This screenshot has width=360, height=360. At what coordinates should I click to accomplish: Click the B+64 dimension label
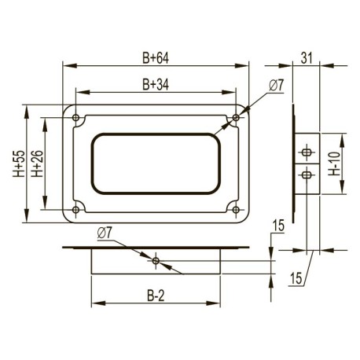tap(156, 58)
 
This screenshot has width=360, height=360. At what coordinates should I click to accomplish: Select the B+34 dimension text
tap(156, 84)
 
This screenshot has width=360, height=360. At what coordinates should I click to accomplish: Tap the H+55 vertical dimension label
tap(19, 163)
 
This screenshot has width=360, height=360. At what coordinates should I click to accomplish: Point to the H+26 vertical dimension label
tap(37, 163)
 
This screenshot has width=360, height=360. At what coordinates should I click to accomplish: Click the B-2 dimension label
tap(156, 296)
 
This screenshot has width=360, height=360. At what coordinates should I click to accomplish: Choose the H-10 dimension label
tap(335, 163)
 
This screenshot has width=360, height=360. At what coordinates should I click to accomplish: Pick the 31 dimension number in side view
tap(307, 58)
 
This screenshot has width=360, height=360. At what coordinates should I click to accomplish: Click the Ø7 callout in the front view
tap(277, 86)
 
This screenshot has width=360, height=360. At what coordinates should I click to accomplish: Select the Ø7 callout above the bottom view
tap(105, 233)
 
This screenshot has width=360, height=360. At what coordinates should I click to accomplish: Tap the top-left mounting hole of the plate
tap(76, 118)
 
